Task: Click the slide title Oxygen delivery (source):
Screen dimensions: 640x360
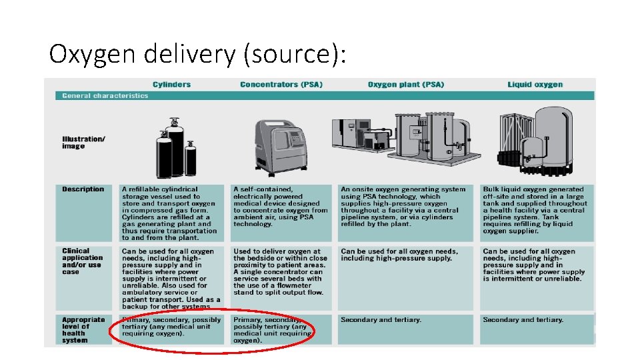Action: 198,53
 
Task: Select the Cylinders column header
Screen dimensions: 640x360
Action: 171,85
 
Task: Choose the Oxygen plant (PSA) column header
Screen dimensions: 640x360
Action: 405,85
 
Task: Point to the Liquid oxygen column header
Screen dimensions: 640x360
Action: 535,85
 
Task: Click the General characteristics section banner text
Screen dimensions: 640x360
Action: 105,95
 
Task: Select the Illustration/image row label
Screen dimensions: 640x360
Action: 83,142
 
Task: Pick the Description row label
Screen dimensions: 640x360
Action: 83,189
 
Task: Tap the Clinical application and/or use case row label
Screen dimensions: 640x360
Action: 83,261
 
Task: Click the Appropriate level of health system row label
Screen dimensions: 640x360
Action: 83,329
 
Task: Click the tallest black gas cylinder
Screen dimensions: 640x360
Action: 175,150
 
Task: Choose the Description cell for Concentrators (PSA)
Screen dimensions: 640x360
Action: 281,207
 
